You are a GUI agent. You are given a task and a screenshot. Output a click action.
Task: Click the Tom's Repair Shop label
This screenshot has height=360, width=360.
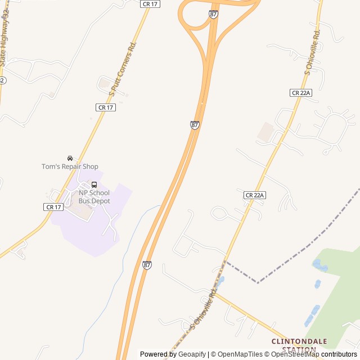click(x=70, y=166)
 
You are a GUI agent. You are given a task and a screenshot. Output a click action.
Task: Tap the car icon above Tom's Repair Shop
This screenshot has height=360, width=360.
click(x=70, y=158)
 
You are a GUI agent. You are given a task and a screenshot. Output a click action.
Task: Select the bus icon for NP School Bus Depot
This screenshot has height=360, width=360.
click(x=94, y=184)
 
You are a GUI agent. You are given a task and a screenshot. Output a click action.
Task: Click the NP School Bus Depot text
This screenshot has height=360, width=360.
click(x=94, y=196)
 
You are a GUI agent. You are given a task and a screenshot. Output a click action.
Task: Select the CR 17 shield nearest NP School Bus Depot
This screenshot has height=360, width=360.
click(x=53, y=207)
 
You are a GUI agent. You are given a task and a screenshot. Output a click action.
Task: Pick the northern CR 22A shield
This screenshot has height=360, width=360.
click(x=301, y=92)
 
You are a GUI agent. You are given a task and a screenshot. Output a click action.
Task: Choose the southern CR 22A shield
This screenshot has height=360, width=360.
click(x=254, y=195)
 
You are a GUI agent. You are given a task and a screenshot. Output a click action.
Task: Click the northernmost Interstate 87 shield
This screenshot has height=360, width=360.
click(x=213, y=14)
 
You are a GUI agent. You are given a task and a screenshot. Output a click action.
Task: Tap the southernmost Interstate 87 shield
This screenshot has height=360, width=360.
click(x=147, y=265)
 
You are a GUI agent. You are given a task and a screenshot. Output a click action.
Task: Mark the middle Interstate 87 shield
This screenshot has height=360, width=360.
click(x=195, y=125)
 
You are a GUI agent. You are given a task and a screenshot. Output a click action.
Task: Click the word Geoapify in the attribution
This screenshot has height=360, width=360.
click(x=192, y=354)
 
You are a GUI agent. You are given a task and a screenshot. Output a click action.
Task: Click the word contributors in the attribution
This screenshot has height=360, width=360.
click(x=339, y=354)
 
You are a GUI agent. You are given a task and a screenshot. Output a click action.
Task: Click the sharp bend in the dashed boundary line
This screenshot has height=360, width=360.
click(x=258, y=282)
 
